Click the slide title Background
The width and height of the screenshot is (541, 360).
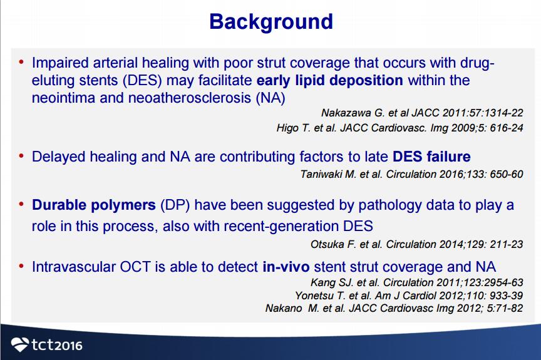click(271, 22)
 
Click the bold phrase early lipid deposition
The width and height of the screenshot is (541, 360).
click(330, 80)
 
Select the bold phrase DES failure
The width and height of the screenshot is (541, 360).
click(431, 157)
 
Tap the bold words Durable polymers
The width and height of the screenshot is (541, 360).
click(94, 205)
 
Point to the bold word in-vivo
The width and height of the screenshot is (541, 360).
click(286, 267)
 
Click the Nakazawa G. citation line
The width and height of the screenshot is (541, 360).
click(422, 113)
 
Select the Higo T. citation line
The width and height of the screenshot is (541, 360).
click(400, 128)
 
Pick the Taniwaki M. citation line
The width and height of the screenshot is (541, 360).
click(411, 174)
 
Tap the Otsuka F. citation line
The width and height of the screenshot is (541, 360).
click(417, 244)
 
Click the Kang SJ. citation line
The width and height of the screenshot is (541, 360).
click(417, 282)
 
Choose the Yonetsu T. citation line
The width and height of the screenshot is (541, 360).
click(409, 296)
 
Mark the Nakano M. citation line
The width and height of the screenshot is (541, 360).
click(394, 308)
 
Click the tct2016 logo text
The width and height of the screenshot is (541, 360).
click(57, 345)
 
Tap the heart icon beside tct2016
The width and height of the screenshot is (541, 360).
click(20, 344)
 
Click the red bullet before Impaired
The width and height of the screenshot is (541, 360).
click(21, 63)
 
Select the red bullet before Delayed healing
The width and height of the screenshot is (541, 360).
click(21, 156)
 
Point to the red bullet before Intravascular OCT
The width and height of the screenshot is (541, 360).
click(21, 267)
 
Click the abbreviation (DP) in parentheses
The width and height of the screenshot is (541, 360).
click(175, 205)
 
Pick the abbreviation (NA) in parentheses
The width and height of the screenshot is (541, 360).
click(270, 98)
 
